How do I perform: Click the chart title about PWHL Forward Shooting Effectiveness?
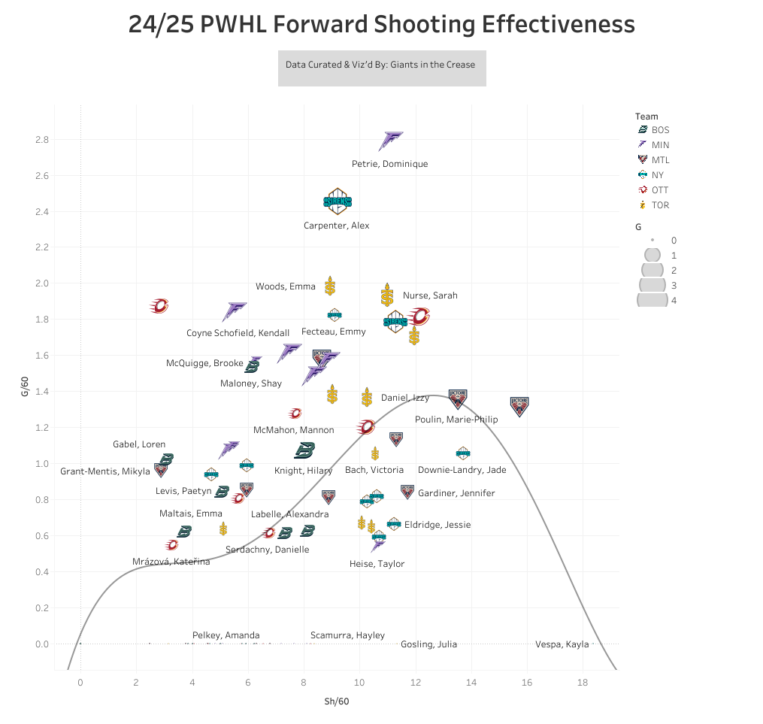point(381,24)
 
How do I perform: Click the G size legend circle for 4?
point(652,300)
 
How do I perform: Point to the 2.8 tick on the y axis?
point(41,140)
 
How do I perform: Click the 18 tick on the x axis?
point(583,683)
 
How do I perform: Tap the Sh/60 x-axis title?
point(336,701)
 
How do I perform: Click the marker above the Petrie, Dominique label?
point(392,141)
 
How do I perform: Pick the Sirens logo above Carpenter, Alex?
point(337,201)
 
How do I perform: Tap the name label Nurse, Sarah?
point(430,295)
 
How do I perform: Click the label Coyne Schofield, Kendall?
point(238,333)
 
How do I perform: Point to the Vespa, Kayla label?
point(562,644)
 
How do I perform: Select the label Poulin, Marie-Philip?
point(456,420)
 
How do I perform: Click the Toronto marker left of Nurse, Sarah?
point(387,295)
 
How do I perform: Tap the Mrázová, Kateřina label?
point(171,562)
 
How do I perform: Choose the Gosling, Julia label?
point(428,644)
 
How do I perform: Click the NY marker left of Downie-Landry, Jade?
point(463,453)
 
